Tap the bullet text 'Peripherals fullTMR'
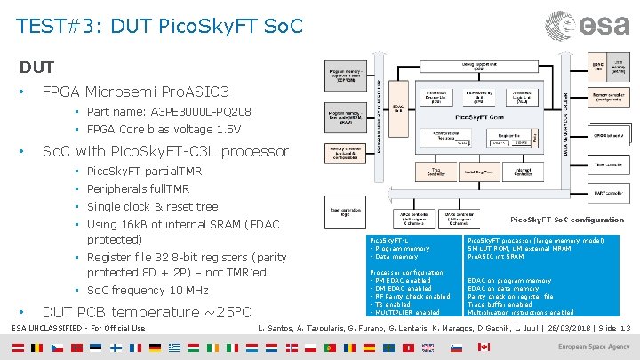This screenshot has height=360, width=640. click(x=138, y=189)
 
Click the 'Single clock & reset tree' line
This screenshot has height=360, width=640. click(x=152, y=206)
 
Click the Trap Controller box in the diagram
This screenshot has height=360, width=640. click(x=435, y=173)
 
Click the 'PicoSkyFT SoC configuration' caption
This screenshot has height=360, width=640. click(x=566, y=220)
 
